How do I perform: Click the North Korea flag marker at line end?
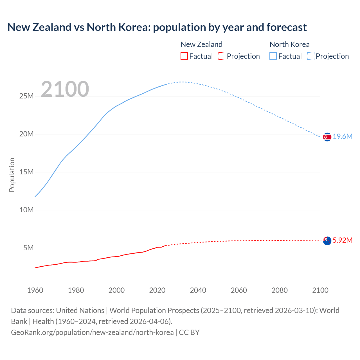tap(327, 137)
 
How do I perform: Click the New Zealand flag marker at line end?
tap(327, 241)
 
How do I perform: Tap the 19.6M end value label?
tap(342, 137)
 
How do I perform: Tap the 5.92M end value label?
tap(342, 240)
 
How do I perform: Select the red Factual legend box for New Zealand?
tap(184, 56)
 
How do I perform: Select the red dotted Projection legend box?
tap(222, 56)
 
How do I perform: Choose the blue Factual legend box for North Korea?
tap(273, 56)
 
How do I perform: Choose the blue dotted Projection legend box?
tap(310, 56)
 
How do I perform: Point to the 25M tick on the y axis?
tap(26, 96)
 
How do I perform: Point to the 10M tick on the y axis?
tap(26, 210)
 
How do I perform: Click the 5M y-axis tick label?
tap(28, 248)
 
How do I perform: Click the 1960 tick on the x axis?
tap(35, 290)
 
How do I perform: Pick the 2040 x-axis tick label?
tap(198, 290)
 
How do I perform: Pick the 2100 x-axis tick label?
tap(320, 290)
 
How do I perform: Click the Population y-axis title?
tap(12, 175)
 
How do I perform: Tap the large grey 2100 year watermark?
tap(65, 89)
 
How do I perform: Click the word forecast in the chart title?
tap(287, 27)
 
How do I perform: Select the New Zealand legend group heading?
tap(201, 44)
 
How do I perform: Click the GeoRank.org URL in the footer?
tap(92, 332)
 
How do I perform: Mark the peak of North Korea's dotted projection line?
tap(182, 82)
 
